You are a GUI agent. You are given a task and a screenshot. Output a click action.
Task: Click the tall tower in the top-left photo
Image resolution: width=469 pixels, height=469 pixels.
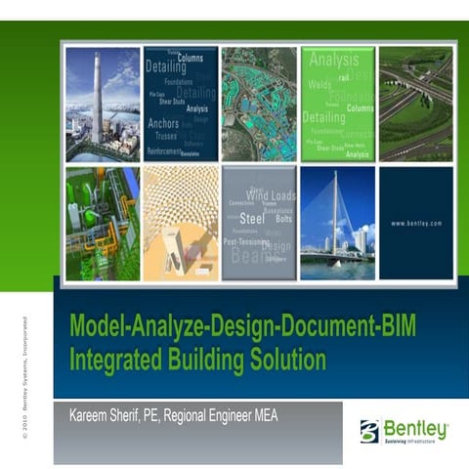[x=97, y=98]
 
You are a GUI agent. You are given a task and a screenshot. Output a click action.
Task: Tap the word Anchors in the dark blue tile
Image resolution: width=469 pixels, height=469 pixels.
[x=163, y=124]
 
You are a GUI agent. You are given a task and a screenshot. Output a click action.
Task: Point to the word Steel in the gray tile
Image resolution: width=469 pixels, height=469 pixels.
[x=252, y=217]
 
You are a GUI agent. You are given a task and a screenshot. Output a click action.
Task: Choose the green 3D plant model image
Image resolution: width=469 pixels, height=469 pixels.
[x=102, y=224]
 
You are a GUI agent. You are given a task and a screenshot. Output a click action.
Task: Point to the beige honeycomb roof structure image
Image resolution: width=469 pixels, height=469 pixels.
[x=180, y=224]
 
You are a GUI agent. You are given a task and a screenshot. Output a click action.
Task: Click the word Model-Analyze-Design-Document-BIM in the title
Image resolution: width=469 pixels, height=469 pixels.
[x=232, y=328]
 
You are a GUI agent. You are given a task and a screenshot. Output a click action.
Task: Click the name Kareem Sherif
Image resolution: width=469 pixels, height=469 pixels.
[x=106, y=415]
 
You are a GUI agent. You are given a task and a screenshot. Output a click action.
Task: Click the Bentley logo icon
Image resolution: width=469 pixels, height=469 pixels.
[x=368, y=430]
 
